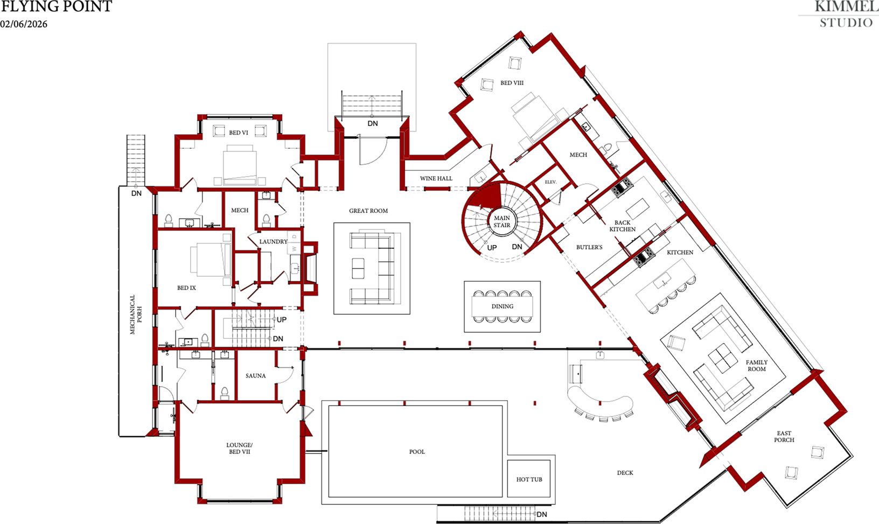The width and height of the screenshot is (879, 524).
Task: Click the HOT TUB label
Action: (x=529, y=479)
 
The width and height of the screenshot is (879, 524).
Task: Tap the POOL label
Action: (x=417, y=452)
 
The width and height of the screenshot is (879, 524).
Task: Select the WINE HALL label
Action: (x=436, y=178)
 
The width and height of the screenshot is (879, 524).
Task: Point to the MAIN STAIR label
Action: (x=502, y=221)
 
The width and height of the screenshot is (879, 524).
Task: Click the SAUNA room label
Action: (x=255, y=376)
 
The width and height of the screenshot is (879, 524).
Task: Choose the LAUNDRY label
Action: (x=273, y=242)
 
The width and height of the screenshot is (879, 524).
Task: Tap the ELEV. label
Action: (x=550, y=182)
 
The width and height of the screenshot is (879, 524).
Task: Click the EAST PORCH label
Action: (x=784, y=436)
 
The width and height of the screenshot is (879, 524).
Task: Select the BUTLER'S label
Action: (x=589, y=247)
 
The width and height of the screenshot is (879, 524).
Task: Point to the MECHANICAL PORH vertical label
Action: (x=136, y=315)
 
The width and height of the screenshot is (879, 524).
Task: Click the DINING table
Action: (x=503, y=306)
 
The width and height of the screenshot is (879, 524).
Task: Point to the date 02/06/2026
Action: (x=24, y=24)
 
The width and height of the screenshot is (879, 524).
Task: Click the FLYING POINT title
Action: (x=56, y=7)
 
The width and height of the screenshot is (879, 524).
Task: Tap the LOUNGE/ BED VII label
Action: (x=239, y=448)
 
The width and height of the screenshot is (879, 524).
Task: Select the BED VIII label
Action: (x=512, y=83)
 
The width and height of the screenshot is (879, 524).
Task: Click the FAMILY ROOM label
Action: (x=756, y=366)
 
